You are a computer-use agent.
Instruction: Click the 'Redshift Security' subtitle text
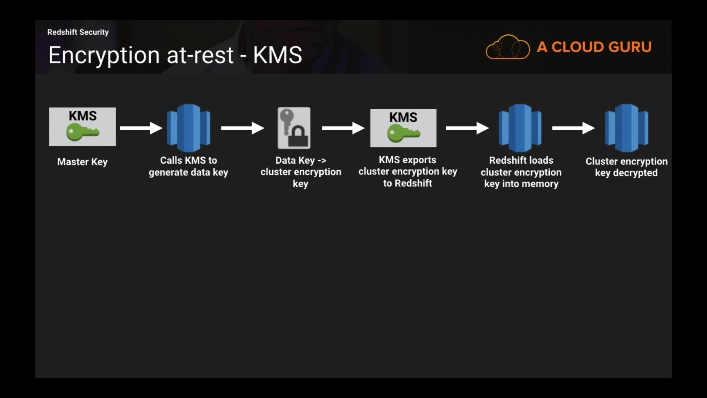coord(78,32)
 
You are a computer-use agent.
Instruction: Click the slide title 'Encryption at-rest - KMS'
coord(175,55)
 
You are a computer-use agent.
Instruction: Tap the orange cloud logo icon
coord(507,47)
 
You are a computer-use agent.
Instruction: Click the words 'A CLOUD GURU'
coord(594,47)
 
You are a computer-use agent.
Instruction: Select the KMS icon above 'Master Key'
coord(82,127)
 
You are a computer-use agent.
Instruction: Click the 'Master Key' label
coord(82,162)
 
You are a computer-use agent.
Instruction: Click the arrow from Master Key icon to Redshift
coord(141,128)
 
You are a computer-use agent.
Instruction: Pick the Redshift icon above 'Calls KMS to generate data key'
coord(189,128)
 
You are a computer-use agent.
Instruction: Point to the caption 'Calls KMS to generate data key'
coord(189,166)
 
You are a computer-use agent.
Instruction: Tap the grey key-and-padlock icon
coord(294,128)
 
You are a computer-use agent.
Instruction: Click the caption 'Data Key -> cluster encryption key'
coord(301,172)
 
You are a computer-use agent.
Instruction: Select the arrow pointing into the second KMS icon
coord(343,128)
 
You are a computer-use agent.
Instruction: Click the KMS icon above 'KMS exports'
coord(403,128)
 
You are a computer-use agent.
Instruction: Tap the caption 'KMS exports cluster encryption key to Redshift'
coord(408,171)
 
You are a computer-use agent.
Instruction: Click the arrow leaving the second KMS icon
coord(467,128)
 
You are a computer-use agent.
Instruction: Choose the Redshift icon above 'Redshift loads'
coord(520,128)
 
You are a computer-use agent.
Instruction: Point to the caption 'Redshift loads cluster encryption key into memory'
coord(521,172)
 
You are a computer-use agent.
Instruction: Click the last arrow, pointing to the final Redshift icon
coord(573,128)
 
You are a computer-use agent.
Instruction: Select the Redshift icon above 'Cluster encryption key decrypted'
coord(626,128)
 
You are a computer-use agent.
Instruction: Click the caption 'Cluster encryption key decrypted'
coord(626,167)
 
